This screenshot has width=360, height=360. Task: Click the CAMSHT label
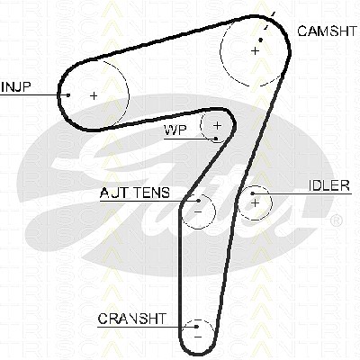click(x=328, y=31)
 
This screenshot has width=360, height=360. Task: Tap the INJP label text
click(x=16, y=86)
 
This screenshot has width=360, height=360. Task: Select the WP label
click(x=175, y=130)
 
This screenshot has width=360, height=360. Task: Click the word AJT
click(x=113, y=193)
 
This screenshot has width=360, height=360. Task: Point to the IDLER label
click(x=329, y=185)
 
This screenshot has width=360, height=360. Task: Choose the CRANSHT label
click(x=131, y=319)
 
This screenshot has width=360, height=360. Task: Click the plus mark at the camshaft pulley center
click(x=255, y=50)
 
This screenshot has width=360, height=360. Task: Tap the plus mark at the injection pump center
click(x=94, y=95)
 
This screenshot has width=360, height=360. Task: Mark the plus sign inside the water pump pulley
click(x=217, y=125)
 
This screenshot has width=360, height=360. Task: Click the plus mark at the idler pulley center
click(x=255, y=203)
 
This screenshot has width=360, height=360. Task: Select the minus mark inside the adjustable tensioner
click(x=198, y=211)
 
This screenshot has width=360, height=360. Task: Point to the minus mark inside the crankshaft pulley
click(x=198, y=337)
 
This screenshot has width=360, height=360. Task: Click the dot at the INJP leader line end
click(x=68, y=95)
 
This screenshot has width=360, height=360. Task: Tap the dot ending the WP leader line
click(x=216, y=139)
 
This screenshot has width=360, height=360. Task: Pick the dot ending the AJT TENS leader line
click(x=199, y=201)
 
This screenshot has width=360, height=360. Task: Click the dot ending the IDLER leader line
click(x=253, y=193)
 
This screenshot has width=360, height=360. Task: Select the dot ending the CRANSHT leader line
click(x=196, y=327)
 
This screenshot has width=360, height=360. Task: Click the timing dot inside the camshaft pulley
click(x=261, y=40)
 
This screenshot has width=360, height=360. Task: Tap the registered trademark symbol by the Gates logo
click(x=336, y=220)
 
